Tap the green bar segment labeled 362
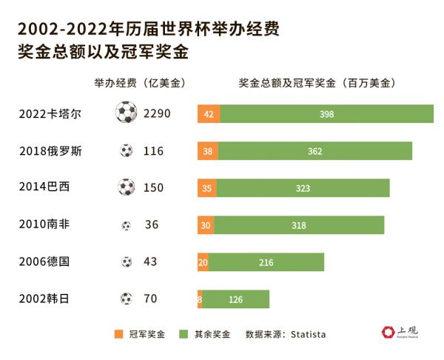tap(315, 151)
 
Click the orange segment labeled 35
tap(207, 188)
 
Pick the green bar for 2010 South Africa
tap(299, 225)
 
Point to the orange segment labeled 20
tap(203, 262)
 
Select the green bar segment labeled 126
tap(236, 299)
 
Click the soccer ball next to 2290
tap(127, 113)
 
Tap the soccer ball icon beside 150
tap(127, 187)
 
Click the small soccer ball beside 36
tap(127, 225)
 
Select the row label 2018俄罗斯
tap(50, 151)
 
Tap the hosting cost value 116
tap(153, 151)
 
